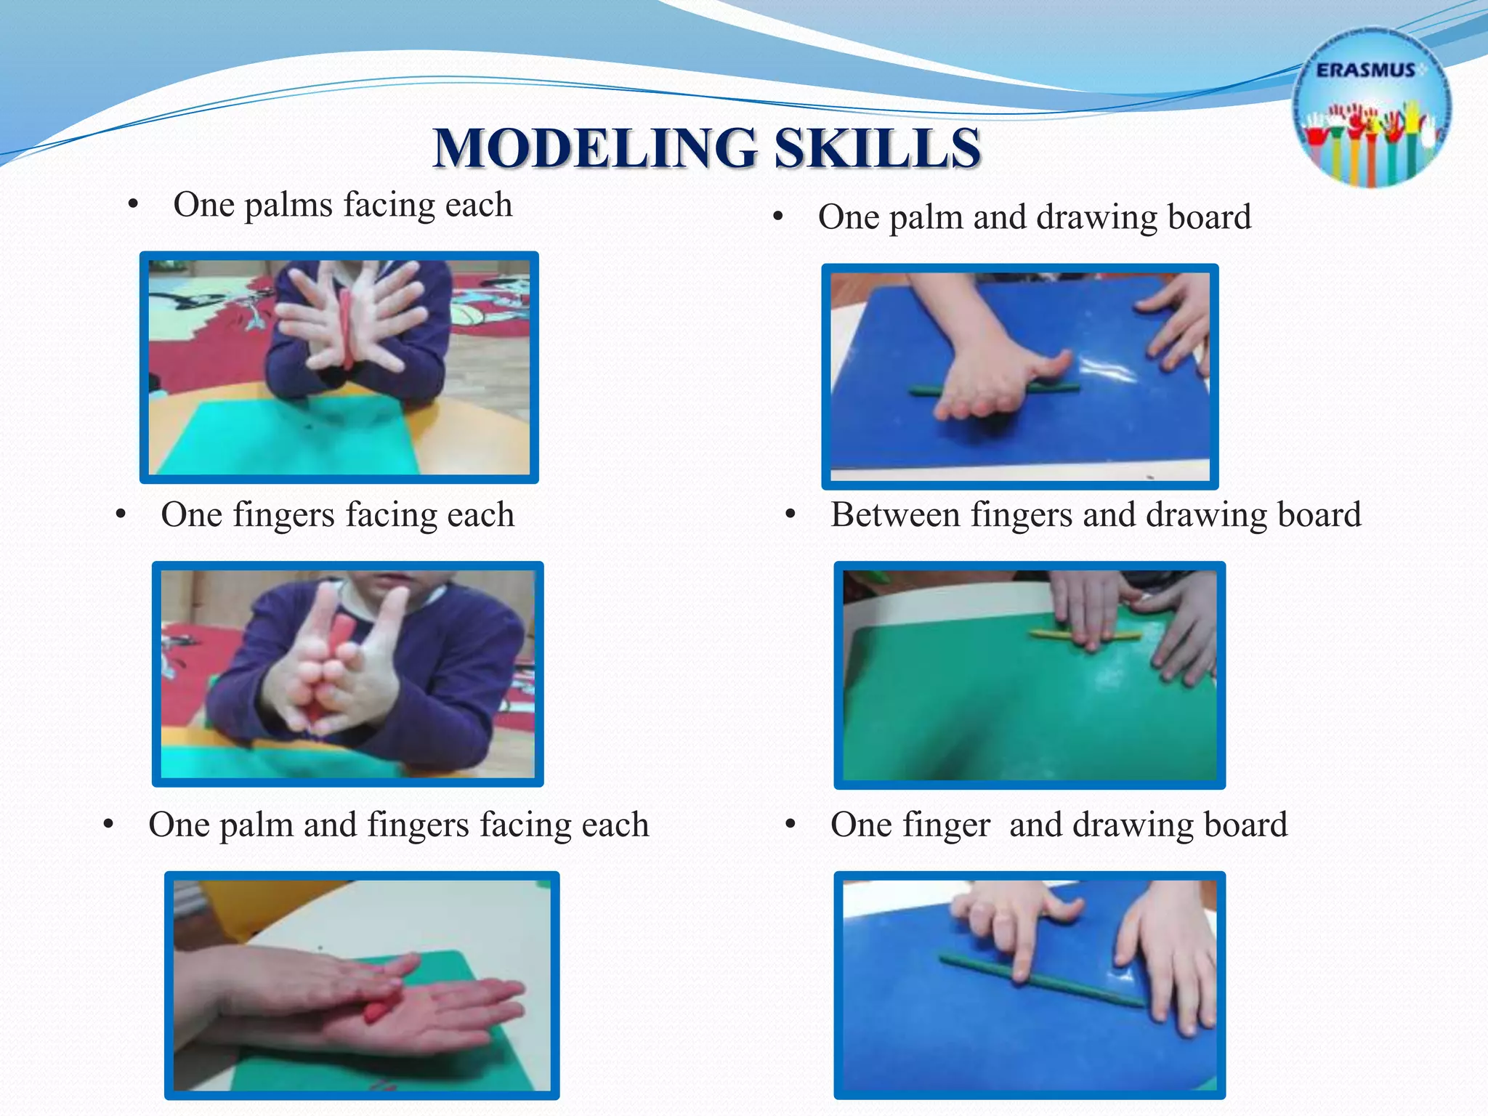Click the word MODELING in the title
pyautogui.click(x=595, y=148)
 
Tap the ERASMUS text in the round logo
pyautogui.click(x=1365, y=70)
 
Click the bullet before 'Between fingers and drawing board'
pyautogui.click(x=791, y=515)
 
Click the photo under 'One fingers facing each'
pyautogui.click(x=348, y=674)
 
